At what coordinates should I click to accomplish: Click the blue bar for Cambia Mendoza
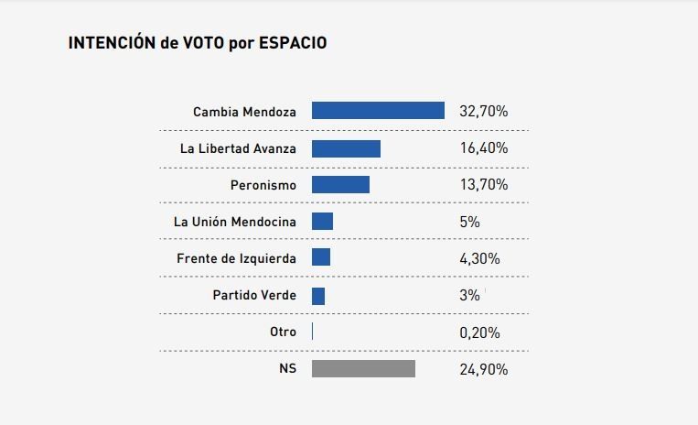(378, 111)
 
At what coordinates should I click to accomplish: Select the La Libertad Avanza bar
(346, 148)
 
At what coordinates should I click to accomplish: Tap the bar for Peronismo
(340, 185)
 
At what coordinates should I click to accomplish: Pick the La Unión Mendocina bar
(322, 222)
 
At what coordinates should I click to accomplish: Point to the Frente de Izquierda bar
(321, 258)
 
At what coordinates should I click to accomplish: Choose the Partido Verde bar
(318, 296)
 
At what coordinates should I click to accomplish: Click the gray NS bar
(363, 369)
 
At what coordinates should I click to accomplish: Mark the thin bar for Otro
(313, 332)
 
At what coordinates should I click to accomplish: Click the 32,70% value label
(483, 112)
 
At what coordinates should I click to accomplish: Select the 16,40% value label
(483, 148)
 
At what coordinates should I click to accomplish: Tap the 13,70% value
(483, 185)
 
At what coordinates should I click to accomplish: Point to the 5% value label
(469, 222)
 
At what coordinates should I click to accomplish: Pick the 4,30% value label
(479, 258)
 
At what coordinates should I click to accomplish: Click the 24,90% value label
(483, 369)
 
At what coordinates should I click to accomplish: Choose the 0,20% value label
(479, 332)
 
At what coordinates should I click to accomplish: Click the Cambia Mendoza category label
(244, 112)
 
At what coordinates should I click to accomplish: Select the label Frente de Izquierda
(236, 258)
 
